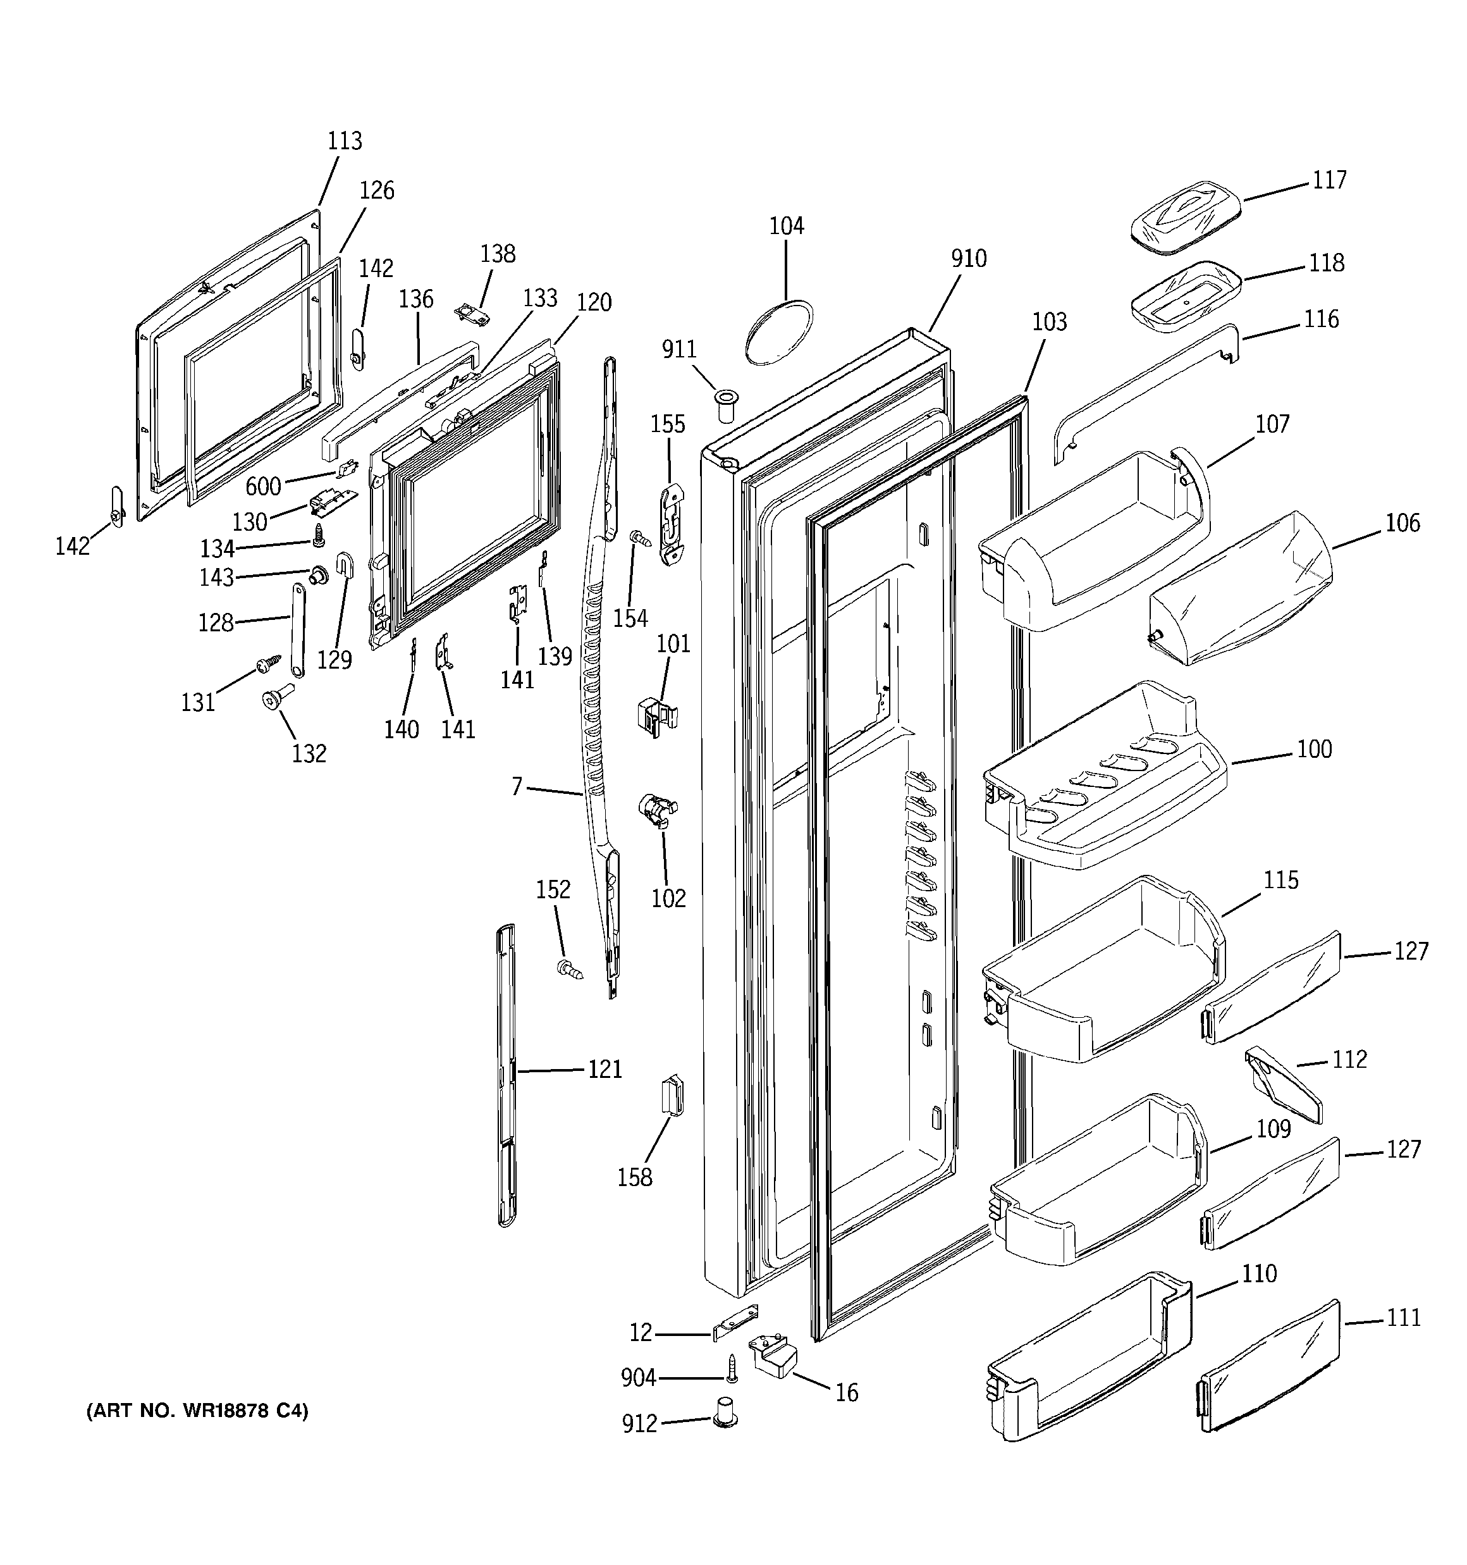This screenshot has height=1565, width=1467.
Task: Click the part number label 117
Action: click(x=1329, y=180)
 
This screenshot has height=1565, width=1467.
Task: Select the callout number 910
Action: click(x=968, y=258)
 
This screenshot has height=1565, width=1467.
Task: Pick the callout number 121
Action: click(x=605, y=1069)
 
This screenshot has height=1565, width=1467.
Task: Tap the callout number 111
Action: click(x=1403, y=1318)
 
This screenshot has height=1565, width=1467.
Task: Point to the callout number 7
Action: click(x=517, y=786)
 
